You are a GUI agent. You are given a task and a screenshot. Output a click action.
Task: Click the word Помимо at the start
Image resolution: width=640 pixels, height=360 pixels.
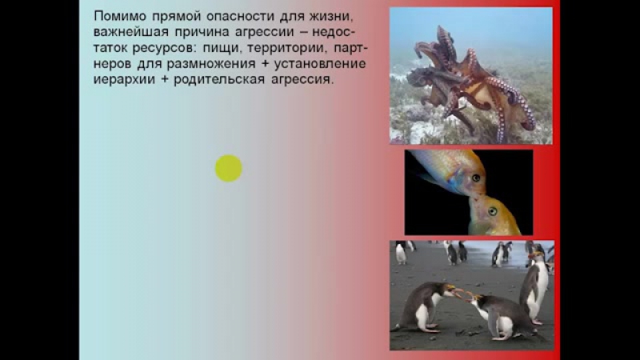(x=115, y=15)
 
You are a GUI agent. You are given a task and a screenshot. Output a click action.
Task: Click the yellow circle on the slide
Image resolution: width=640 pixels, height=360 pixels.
(x=229, y=168)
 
